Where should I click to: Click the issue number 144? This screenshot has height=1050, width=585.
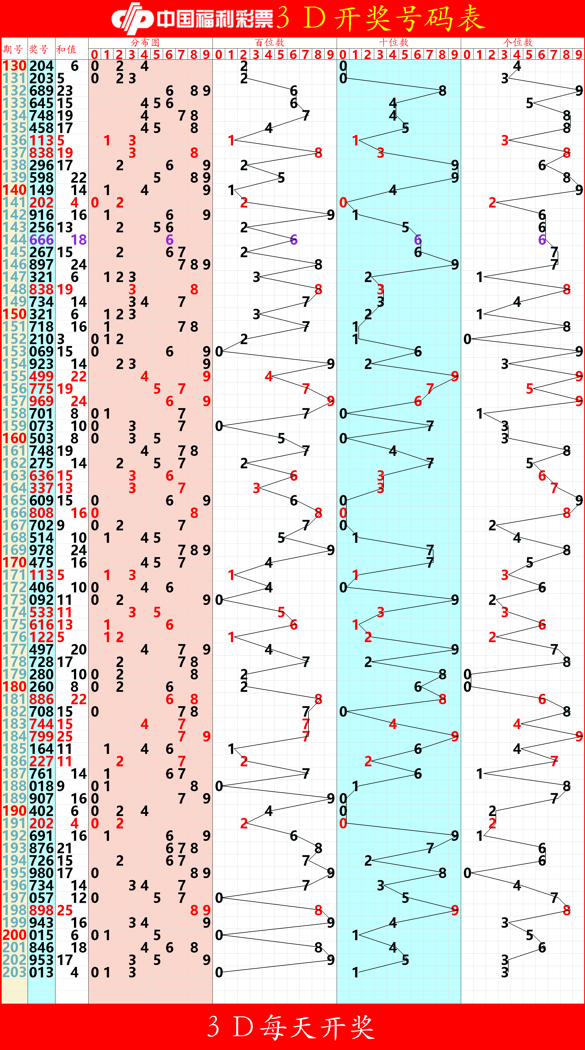coord(14,240)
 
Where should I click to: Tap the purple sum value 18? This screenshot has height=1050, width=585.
coord(79,240)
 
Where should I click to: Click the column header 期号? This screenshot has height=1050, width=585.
coord(13,49)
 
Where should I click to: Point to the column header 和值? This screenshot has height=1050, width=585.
coord(66,49)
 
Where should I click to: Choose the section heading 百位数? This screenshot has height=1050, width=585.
coord(270,42)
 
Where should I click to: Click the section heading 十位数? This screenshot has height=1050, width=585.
coord(394,42)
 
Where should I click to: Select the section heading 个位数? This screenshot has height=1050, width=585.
coord(518,42)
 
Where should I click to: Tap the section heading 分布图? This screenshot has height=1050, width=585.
coord(145,42)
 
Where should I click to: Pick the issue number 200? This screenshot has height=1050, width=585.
coord(14,935)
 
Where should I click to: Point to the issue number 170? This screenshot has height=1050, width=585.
coord(14,562)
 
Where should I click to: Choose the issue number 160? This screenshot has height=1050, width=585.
coord(14,438)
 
